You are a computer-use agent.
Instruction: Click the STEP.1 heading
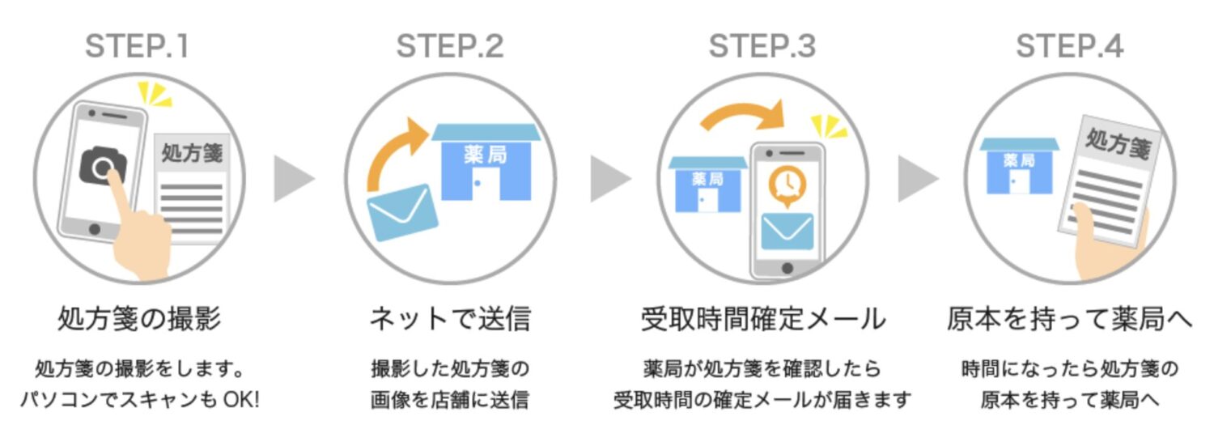(137, 47)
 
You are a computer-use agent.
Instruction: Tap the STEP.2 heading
(450, 47)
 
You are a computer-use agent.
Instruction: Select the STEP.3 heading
(762, 47)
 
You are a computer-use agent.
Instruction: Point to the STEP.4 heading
(1070, 47)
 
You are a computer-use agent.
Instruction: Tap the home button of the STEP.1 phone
(94, 229)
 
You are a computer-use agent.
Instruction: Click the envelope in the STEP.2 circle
(402, 212)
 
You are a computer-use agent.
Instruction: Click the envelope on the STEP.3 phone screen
(787, 231)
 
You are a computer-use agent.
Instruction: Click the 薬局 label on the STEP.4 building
(1019, 160)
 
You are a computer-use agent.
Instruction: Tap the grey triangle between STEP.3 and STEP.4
(917, 179)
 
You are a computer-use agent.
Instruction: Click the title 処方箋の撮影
(139, 319)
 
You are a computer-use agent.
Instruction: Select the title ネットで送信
(450, 319)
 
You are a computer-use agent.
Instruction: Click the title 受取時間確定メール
(762, 319)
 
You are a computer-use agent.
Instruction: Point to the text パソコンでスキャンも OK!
(139, 400)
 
